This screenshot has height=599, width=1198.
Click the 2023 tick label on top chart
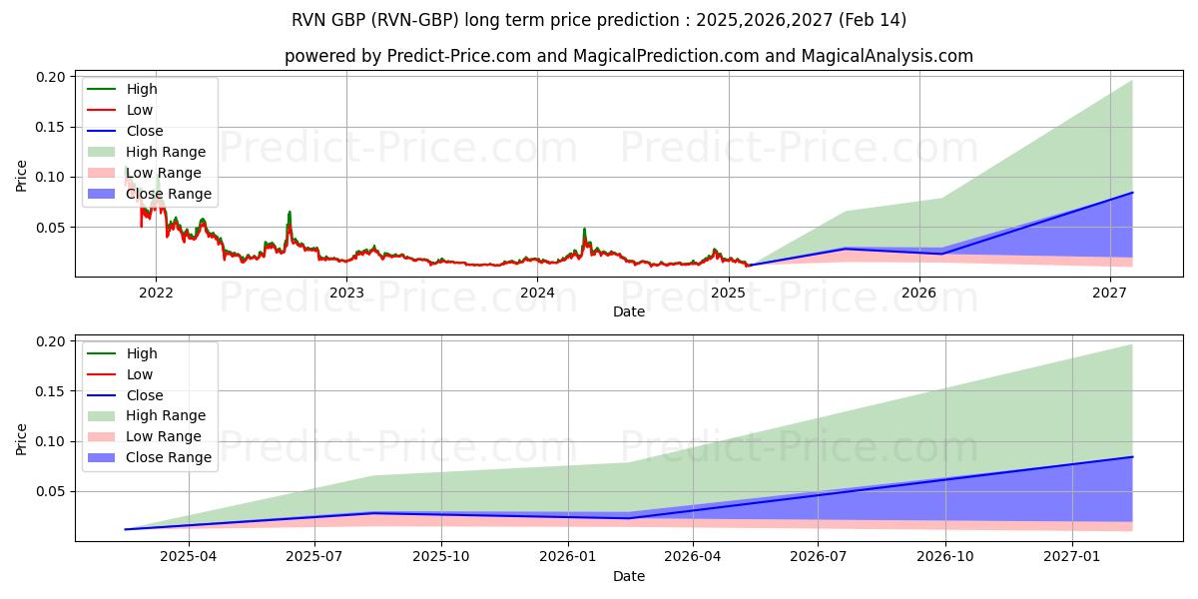tap(346, 293)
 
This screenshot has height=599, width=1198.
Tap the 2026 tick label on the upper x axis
tap(918, 293)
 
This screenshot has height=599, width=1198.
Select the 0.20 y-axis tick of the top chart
tap(51, 77)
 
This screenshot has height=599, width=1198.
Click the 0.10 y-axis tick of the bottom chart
tap(51, 441)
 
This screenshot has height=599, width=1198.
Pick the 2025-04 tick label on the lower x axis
tap(189, 557)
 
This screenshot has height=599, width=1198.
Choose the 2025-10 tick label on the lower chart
tap(440, 557)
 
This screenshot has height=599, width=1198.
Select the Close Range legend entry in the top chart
tap(169, 194)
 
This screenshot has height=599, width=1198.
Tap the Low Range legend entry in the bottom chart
tap(164, 436)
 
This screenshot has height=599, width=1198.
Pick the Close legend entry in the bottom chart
tap(145, 395)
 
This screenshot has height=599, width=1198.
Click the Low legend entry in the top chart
tap(140, 110)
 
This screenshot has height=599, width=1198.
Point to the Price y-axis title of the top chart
tap(22, 176)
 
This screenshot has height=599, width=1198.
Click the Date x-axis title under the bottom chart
tap(629, 576)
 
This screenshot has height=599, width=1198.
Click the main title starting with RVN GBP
tap(599, 20)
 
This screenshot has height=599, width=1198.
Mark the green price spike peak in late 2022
tap(290, 212)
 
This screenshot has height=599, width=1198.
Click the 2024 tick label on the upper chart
tap(537, 293)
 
